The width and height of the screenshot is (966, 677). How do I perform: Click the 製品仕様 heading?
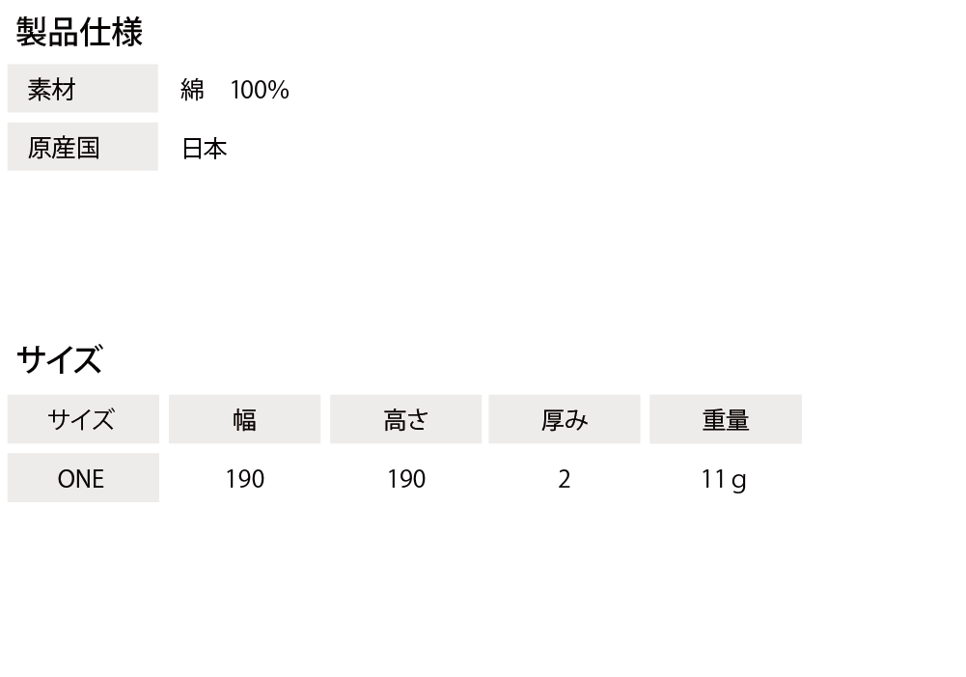(79, 32)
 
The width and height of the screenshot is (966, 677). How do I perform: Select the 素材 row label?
(52, 90)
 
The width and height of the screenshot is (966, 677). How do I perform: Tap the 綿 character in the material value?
(192, 90)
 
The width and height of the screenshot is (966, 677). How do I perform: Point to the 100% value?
(260, 90)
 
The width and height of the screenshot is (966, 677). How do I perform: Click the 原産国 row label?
(64, 148)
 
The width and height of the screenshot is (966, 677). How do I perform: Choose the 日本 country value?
(205, 149)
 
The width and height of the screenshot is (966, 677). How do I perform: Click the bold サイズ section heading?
(59, 359)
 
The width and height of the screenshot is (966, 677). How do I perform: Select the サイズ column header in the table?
(81, 420)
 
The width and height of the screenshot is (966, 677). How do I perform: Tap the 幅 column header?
(244, 420)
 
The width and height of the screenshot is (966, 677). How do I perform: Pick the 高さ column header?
(405, 420)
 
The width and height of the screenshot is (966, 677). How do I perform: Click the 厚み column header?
(565, 420)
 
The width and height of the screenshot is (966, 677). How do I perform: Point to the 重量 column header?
(726, 420)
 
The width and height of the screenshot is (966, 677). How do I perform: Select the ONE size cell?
(81, 479)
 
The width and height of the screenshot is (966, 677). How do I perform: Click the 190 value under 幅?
(244, 479)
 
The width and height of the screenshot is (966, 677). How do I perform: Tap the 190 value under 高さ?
(406, 479)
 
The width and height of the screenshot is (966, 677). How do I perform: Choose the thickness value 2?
(565, 479)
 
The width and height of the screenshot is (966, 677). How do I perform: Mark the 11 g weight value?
(724, 480)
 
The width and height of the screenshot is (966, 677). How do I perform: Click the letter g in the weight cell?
(739, 482)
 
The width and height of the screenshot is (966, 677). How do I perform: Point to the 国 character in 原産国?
(88, 148)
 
